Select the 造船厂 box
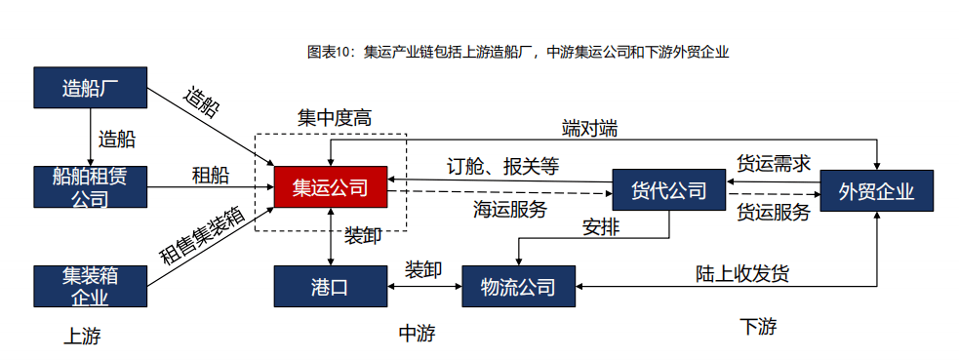(90, 88)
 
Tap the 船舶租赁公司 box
(90, 187)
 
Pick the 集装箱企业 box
(90, 285)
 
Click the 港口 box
(330, 287)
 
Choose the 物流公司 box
(518, 287)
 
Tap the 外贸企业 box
(876, 190)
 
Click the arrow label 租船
(211, 176)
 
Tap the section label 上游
(82, 337)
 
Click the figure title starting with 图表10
(518, 51)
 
